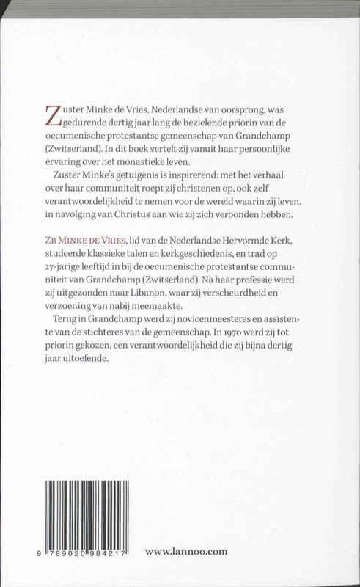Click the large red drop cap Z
tap(53, 117)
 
